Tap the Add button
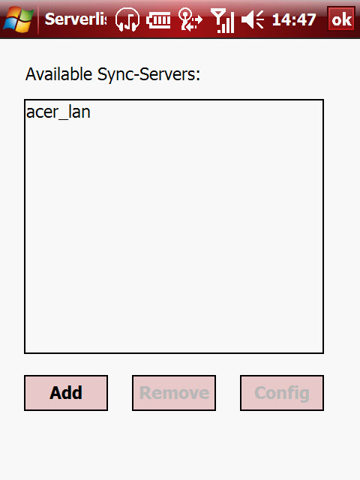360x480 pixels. pos(66,393)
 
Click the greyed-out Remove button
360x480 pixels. pos(174,393)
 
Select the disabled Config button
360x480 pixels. pos(282,393)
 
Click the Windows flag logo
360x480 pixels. pos(18,19)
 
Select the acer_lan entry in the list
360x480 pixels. pos(58,112)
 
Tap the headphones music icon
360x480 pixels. pos(127,19)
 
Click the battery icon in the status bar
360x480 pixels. pos(158,20)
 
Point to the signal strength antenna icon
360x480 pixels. pos(223,20)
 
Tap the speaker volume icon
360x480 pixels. pos(253,19)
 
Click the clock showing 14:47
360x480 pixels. pos(294,20)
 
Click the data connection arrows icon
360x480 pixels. pos(190,19)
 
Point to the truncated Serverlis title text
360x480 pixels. pos(76,19)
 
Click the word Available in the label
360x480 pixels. pos(58,74)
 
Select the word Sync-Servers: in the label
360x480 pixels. pos(148,74)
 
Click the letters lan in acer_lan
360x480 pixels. pos(79,112)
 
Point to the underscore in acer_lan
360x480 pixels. pos(63,119)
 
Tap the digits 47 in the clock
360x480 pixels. pos(306,20)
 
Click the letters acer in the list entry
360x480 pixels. pos(42,112)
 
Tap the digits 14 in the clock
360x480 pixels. pos(281,20)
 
